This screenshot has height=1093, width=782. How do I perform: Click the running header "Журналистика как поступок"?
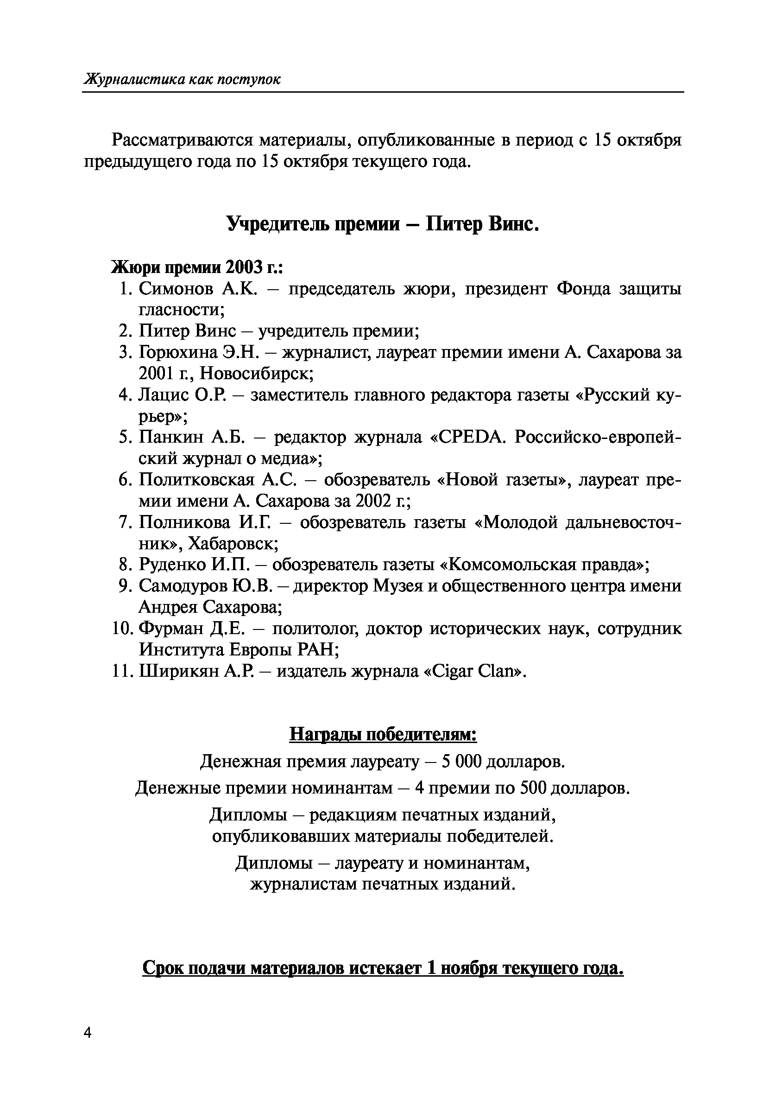[183, 79]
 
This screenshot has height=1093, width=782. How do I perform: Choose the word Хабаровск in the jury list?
[232, 543]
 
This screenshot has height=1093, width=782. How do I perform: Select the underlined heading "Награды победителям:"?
[383, 734]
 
